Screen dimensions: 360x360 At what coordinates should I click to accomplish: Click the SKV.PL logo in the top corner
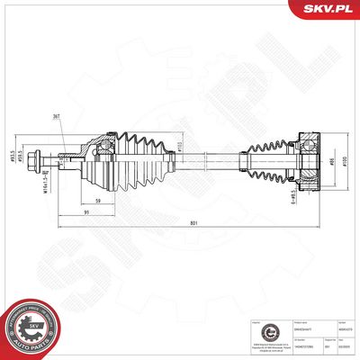point(329,10)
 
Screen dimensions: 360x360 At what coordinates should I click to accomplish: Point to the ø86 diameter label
point(331,163)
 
